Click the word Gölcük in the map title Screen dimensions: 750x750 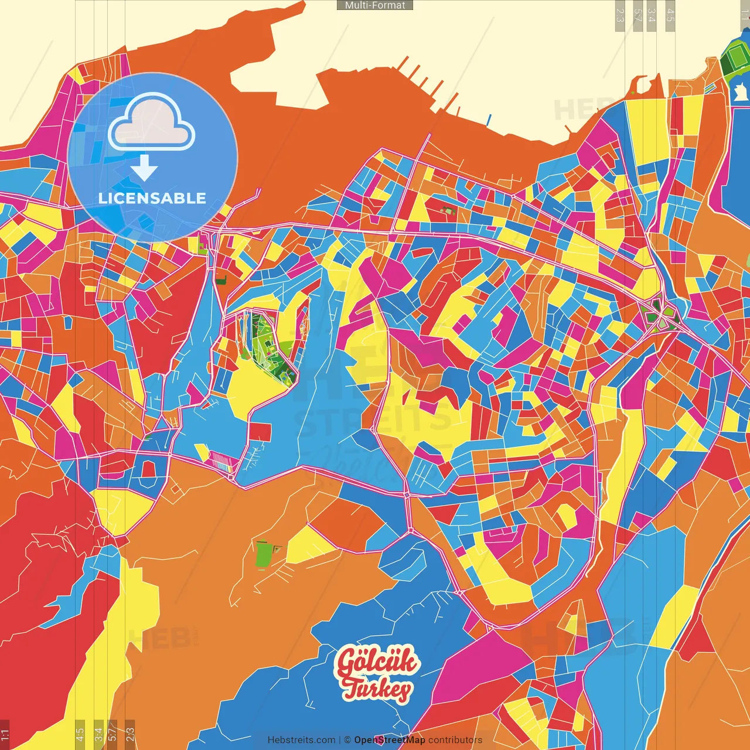coord(376,662)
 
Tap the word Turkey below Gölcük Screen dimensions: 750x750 coord(377,689)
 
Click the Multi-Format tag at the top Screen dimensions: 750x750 coord(375,5)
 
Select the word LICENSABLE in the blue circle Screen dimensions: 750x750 coord(152,198)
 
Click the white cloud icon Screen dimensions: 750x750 coord(151,123)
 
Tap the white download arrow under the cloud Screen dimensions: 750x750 coord(144,168)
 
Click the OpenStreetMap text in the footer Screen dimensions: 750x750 coord(390,740)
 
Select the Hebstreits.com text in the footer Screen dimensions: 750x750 coord(301,740)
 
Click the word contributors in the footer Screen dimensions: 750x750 coord(455,740)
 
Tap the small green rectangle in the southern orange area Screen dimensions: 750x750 coord(263,554)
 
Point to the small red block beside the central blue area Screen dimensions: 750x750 coord(260,432)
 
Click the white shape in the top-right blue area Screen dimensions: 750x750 coord(740,93)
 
